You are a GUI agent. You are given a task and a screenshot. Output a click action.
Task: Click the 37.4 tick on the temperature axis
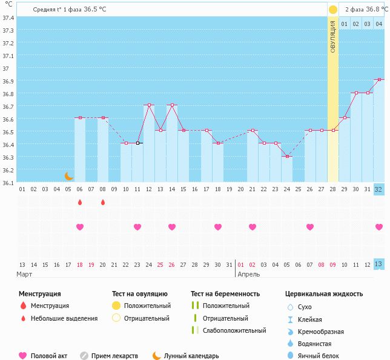coord(8,18)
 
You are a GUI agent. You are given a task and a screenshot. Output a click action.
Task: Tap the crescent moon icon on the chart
coord(69,176)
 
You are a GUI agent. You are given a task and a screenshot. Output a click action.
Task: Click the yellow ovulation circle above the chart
coord(332,10)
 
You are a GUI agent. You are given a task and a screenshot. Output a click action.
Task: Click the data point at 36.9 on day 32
coord(379,79)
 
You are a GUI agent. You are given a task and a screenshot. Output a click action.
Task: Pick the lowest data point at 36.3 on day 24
coord(287,156)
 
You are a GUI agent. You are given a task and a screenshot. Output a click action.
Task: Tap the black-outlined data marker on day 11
coord(137,143)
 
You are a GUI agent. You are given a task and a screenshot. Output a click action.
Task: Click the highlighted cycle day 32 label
coord(379,189)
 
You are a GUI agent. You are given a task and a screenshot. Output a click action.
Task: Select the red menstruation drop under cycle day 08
coord(103,202)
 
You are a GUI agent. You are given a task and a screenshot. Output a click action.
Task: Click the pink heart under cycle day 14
coord(172,227)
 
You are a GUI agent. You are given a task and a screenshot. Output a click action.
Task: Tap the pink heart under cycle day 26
coord(310,227)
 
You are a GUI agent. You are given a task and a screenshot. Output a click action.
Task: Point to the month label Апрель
coord(249,274)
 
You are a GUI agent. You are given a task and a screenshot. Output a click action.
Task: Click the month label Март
coord(25,274)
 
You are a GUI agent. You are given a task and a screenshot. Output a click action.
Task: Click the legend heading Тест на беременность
coord(225,293)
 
